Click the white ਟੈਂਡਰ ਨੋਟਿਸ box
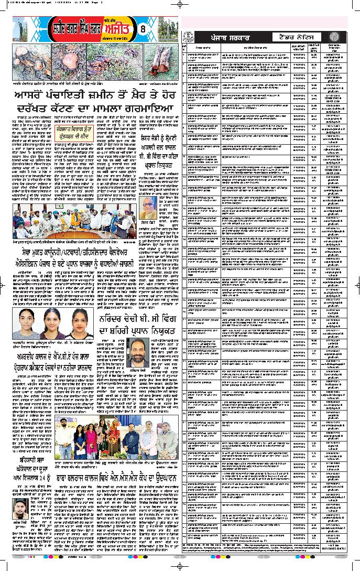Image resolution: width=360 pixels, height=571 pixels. (x=297, y=37)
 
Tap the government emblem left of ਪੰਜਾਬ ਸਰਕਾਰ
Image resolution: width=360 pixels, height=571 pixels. (x=186, y=37)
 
